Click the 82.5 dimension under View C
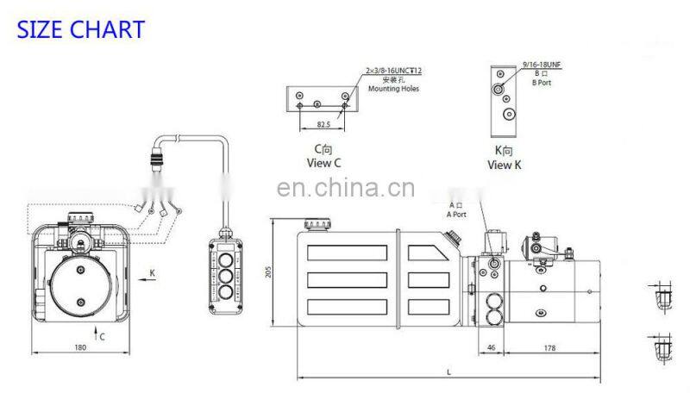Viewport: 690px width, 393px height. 323,124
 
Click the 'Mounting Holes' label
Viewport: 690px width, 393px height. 392,89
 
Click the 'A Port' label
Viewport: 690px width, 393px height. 455,214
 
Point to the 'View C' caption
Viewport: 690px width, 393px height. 325,162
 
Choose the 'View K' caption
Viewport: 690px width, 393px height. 505,165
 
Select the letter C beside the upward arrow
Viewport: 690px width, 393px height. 103,336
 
